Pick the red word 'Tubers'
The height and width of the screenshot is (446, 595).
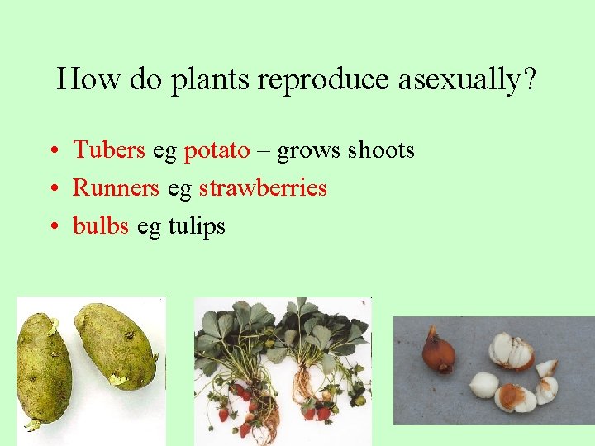(109, 150)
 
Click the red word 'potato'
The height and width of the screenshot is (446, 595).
(217, 150)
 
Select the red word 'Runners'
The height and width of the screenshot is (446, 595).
(116, 188)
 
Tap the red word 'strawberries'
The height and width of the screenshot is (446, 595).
(263, 188)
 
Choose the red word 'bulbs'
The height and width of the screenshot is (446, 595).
(101, 225)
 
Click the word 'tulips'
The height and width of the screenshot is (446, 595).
(196, 226)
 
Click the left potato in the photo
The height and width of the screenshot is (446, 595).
(43, 367)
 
